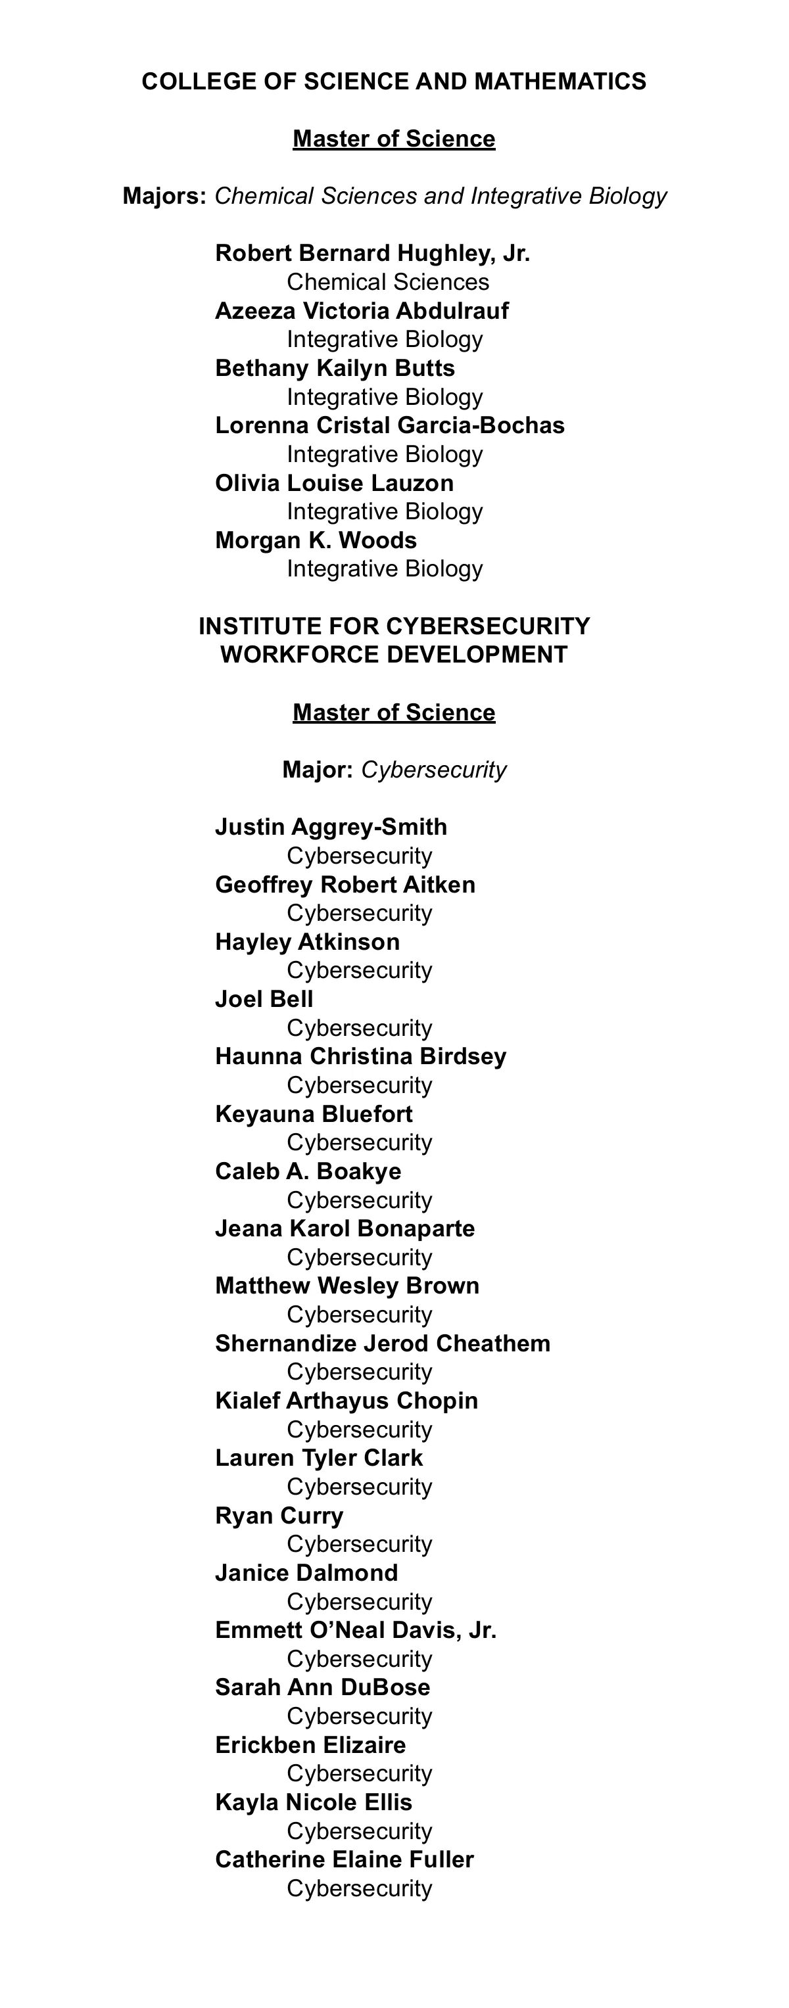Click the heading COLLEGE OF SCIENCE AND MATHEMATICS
click(x=394, y=82)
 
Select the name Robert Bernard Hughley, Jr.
click(x=372, y=253)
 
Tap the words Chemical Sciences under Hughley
click(x=387, y=282)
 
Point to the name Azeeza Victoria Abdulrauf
click(x=362, y=311)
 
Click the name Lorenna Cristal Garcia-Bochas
click(x=390, y=426)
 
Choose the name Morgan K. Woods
click(x=316, y=540)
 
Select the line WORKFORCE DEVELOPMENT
click(x=394, y=655)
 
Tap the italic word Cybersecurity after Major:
click(x=433, y=770)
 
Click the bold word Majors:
click(x=164, y=197)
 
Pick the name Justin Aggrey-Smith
click(x=331, y=827)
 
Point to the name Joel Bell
click(x=264, y=999)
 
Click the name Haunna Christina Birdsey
click(x=360, y=1057)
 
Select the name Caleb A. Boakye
click(x=308, y=1171)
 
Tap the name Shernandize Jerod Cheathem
click(x=382, y=1344)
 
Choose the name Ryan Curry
click(x=279, y=1516)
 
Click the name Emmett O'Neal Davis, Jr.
click(x=356, y=1631)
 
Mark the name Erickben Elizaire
click(x=310, y=1745)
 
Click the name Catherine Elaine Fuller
click(x=344, y=1860)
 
